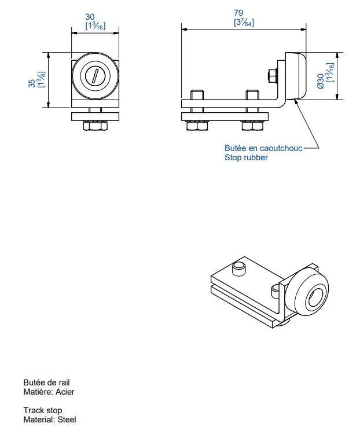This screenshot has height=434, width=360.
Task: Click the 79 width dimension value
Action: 238,13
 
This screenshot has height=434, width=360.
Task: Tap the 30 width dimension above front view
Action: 95,18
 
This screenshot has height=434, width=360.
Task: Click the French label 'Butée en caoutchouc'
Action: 263,149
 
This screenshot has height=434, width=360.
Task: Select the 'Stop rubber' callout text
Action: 246,157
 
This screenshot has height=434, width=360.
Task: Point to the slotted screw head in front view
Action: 95,76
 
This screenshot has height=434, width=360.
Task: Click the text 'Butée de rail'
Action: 47,382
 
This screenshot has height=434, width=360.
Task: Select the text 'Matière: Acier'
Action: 49,392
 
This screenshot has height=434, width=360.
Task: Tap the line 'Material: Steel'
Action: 49,420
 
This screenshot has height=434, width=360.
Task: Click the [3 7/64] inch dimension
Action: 243,23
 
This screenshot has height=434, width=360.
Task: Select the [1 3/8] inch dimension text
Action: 41,80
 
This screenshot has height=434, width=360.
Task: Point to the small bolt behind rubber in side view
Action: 272,75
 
